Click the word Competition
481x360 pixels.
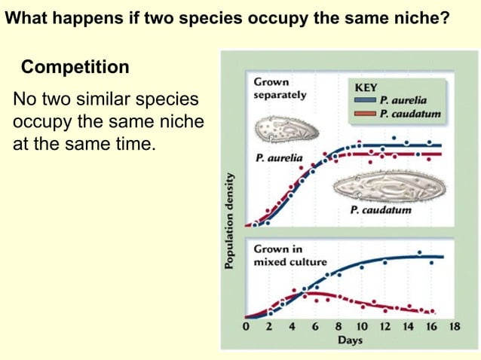click(x=75, y=67)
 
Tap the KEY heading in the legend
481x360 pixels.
click(x=366, y=87)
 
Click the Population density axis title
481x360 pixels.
click(x=229, y=218)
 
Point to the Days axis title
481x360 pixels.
click(x=350, y=340)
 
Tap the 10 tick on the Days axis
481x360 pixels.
click(x=361, y=328)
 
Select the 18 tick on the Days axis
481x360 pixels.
click(x=454, y=328)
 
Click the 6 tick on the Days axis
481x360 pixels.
click(x=315, y=328)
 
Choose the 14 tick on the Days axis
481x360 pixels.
click(x=408, y=328)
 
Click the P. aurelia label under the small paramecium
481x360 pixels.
click(x=279, y=160)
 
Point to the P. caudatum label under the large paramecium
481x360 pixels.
click(x=381, y=210)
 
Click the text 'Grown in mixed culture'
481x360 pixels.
click(x=290, y=255)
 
